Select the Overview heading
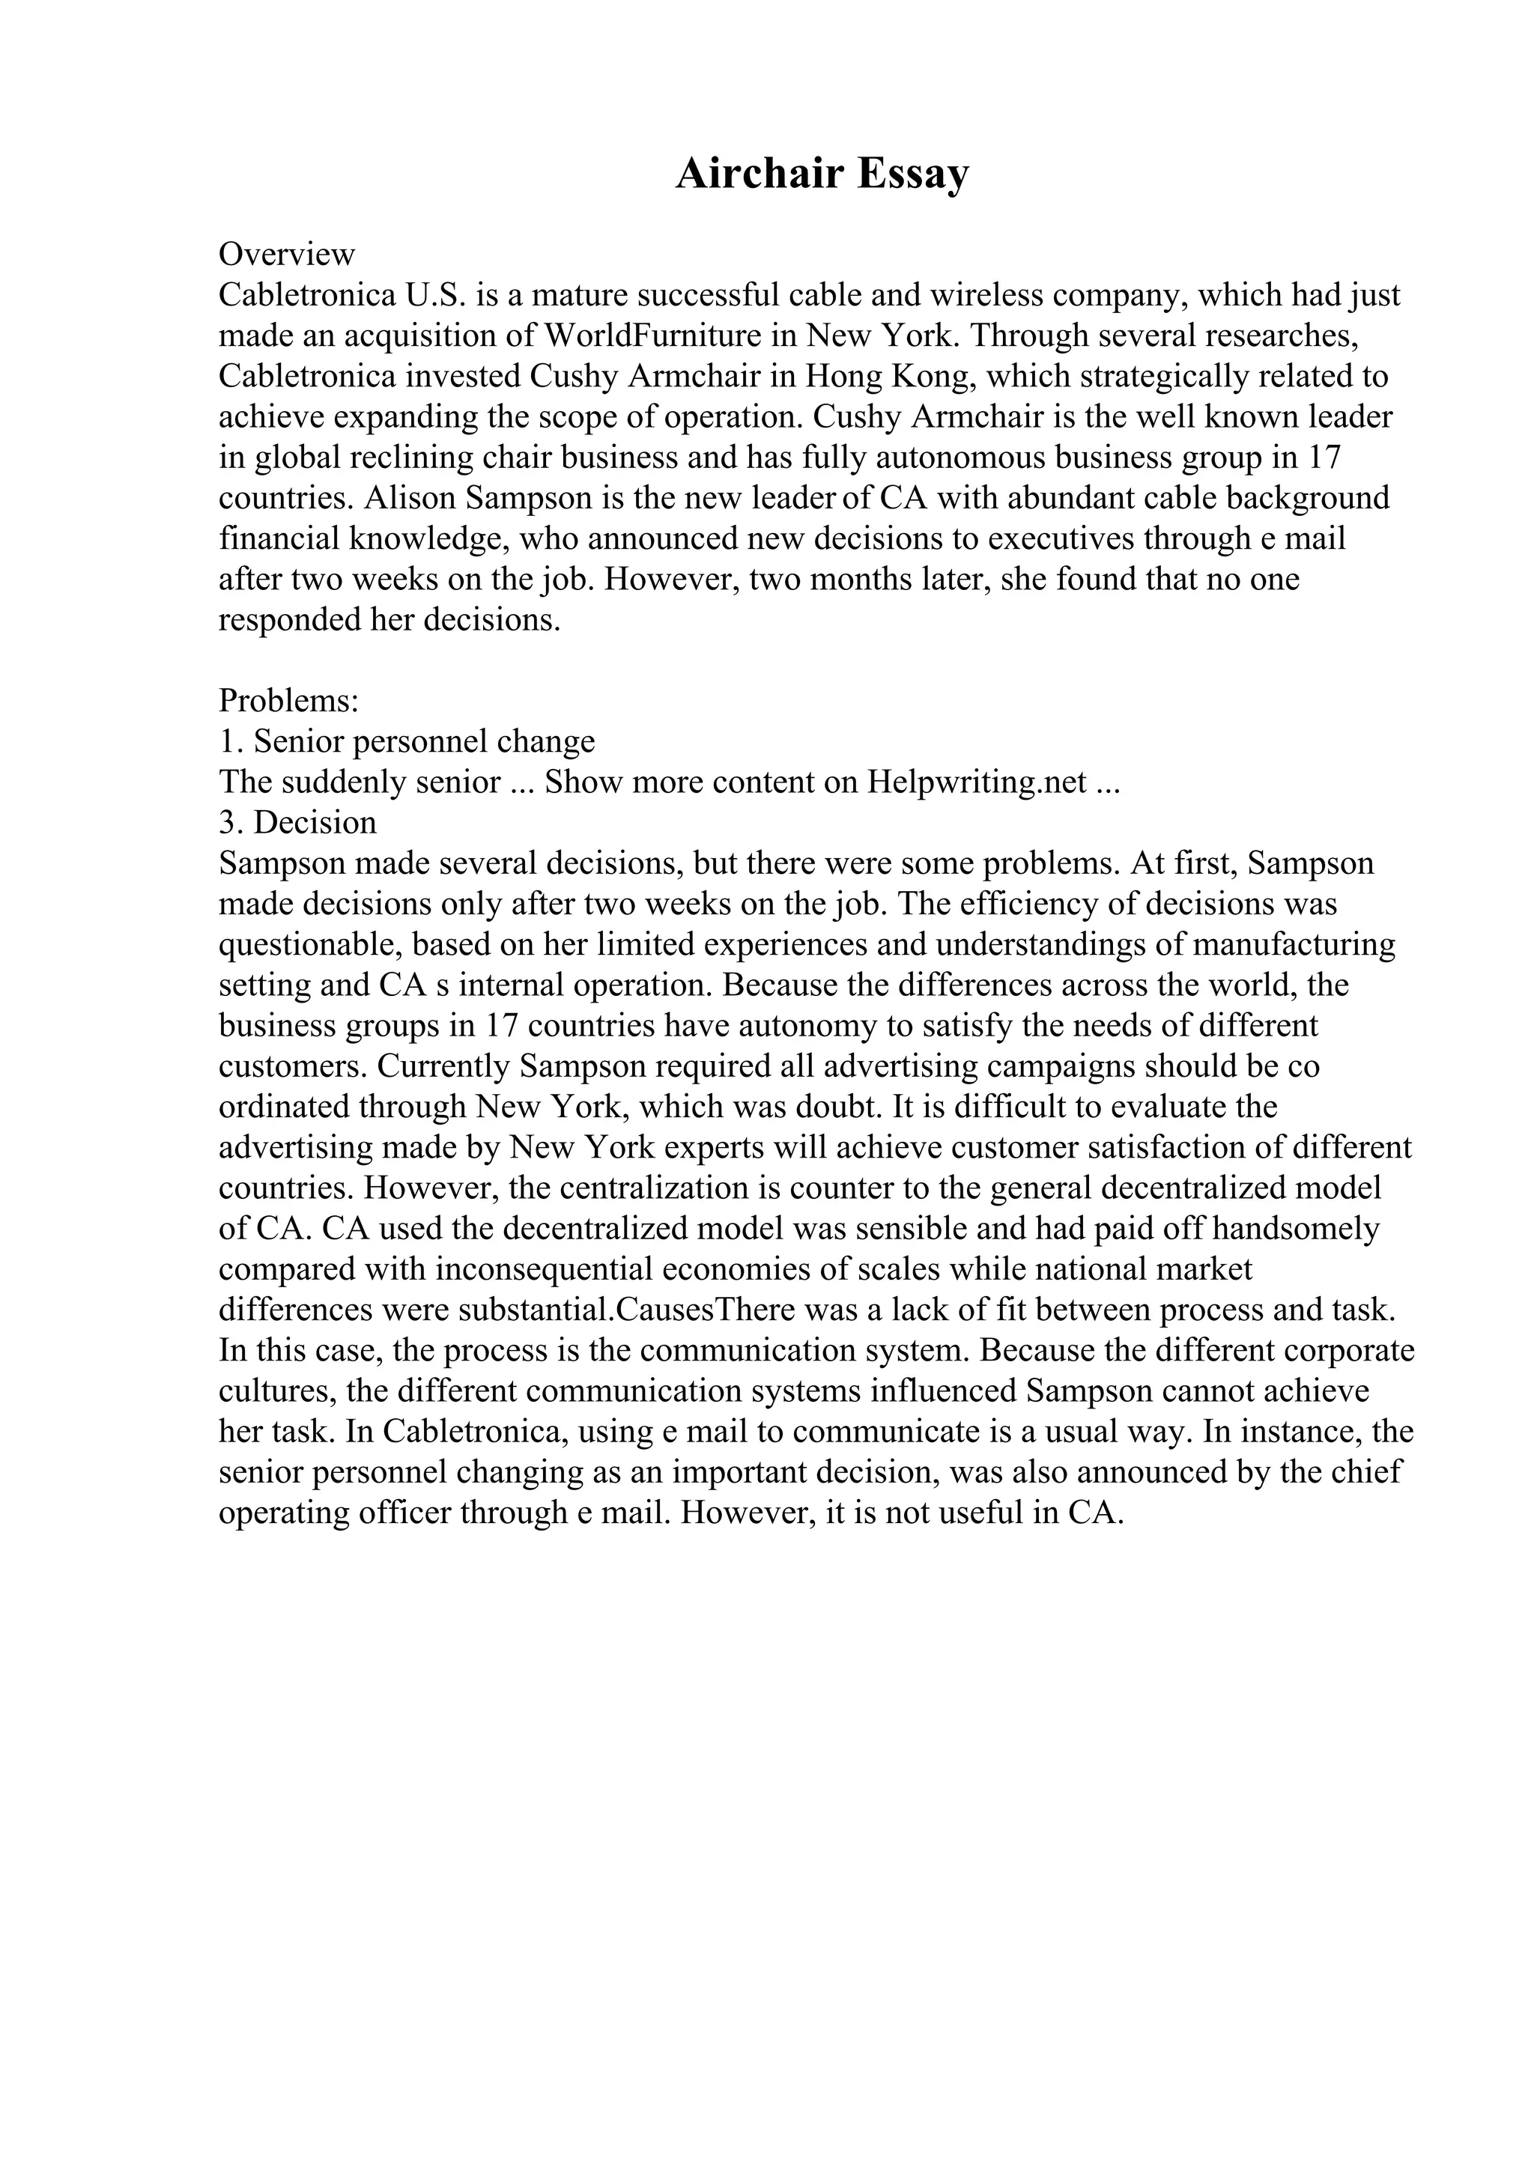coord(286,255)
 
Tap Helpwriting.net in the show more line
coord(977,782)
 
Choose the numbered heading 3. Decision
coord(297,822)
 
